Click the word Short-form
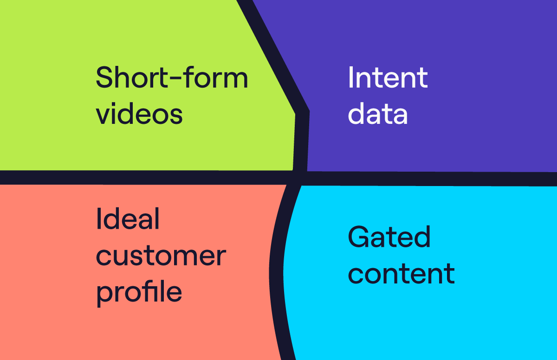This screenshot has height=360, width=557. click(172, 77)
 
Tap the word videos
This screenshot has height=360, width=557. click(139, 114)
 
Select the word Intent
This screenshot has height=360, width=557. click(388, 77)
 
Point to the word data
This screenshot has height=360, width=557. click(378, 114)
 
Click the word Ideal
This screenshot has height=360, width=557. click(128, 219)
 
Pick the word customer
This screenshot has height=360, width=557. click(161, 257)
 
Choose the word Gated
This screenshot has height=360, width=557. click(389, 237)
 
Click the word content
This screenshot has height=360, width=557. click(402, 274)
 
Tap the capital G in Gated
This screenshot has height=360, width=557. click(358, 237)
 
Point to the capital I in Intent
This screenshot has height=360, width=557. click(350, 77)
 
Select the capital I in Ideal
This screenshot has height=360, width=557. click(98, 219)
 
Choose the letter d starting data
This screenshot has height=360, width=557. click(356, 114)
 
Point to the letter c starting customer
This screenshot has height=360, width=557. click(104, 257)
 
